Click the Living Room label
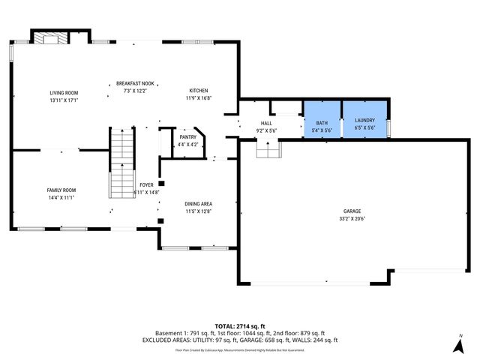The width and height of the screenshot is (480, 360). [x=64, y=92]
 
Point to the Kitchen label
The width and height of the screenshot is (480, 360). [x=198, y=90]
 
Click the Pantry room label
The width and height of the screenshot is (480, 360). [x=187, y=137]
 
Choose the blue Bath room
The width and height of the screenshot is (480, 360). [x=322, y=119]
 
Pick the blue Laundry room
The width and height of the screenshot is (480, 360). [x=364, y=119]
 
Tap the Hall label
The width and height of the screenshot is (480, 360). [x=266, y=123]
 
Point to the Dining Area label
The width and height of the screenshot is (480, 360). [x=199, y=203]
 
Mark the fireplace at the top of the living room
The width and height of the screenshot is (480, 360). [x=51, y=38]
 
